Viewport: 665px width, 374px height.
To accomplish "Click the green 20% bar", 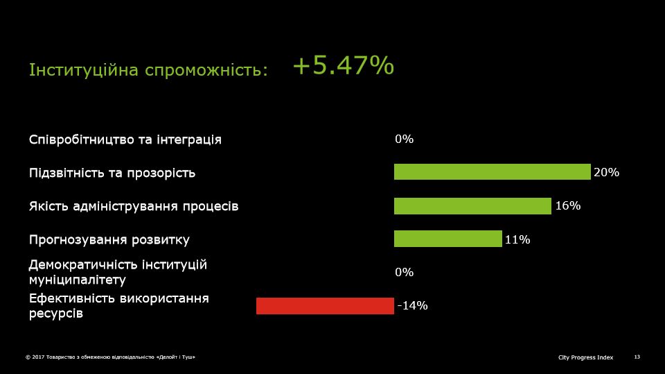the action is click(x=492, y=171).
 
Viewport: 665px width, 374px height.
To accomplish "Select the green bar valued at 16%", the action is click(x=472, y=206).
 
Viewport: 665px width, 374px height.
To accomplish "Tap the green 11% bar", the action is click(x=448, y=239).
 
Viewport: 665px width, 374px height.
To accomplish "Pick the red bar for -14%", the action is click(x=325, y=306).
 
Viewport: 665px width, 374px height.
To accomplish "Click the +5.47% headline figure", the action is click(x=344, y=66).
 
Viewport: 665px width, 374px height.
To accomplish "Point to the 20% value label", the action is click(x=607, y=172).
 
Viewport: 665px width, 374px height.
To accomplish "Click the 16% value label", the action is click(x=568, y=205).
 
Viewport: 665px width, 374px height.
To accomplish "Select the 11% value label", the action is click(x=517, y=239).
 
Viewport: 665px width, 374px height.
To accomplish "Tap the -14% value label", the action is click(x=412, y=305).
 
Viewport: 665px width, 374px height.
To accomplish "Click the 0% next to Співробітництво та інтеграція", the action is click(x=404, y=139).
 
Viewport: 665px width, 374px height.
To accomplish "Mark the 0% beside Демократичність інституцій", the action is click(x=404, y=272).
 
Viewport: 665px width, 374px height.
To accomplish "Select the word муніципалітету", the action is click(x=78, y=280).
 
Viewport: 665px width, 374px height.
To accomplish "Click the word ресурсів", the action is click(x=56, y=314).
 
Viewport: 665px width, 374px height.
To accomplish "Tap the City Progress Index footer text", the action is click(x=586, y=357).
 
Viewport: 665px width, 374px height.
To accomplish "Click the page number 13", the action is click(x=637, y=357).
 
